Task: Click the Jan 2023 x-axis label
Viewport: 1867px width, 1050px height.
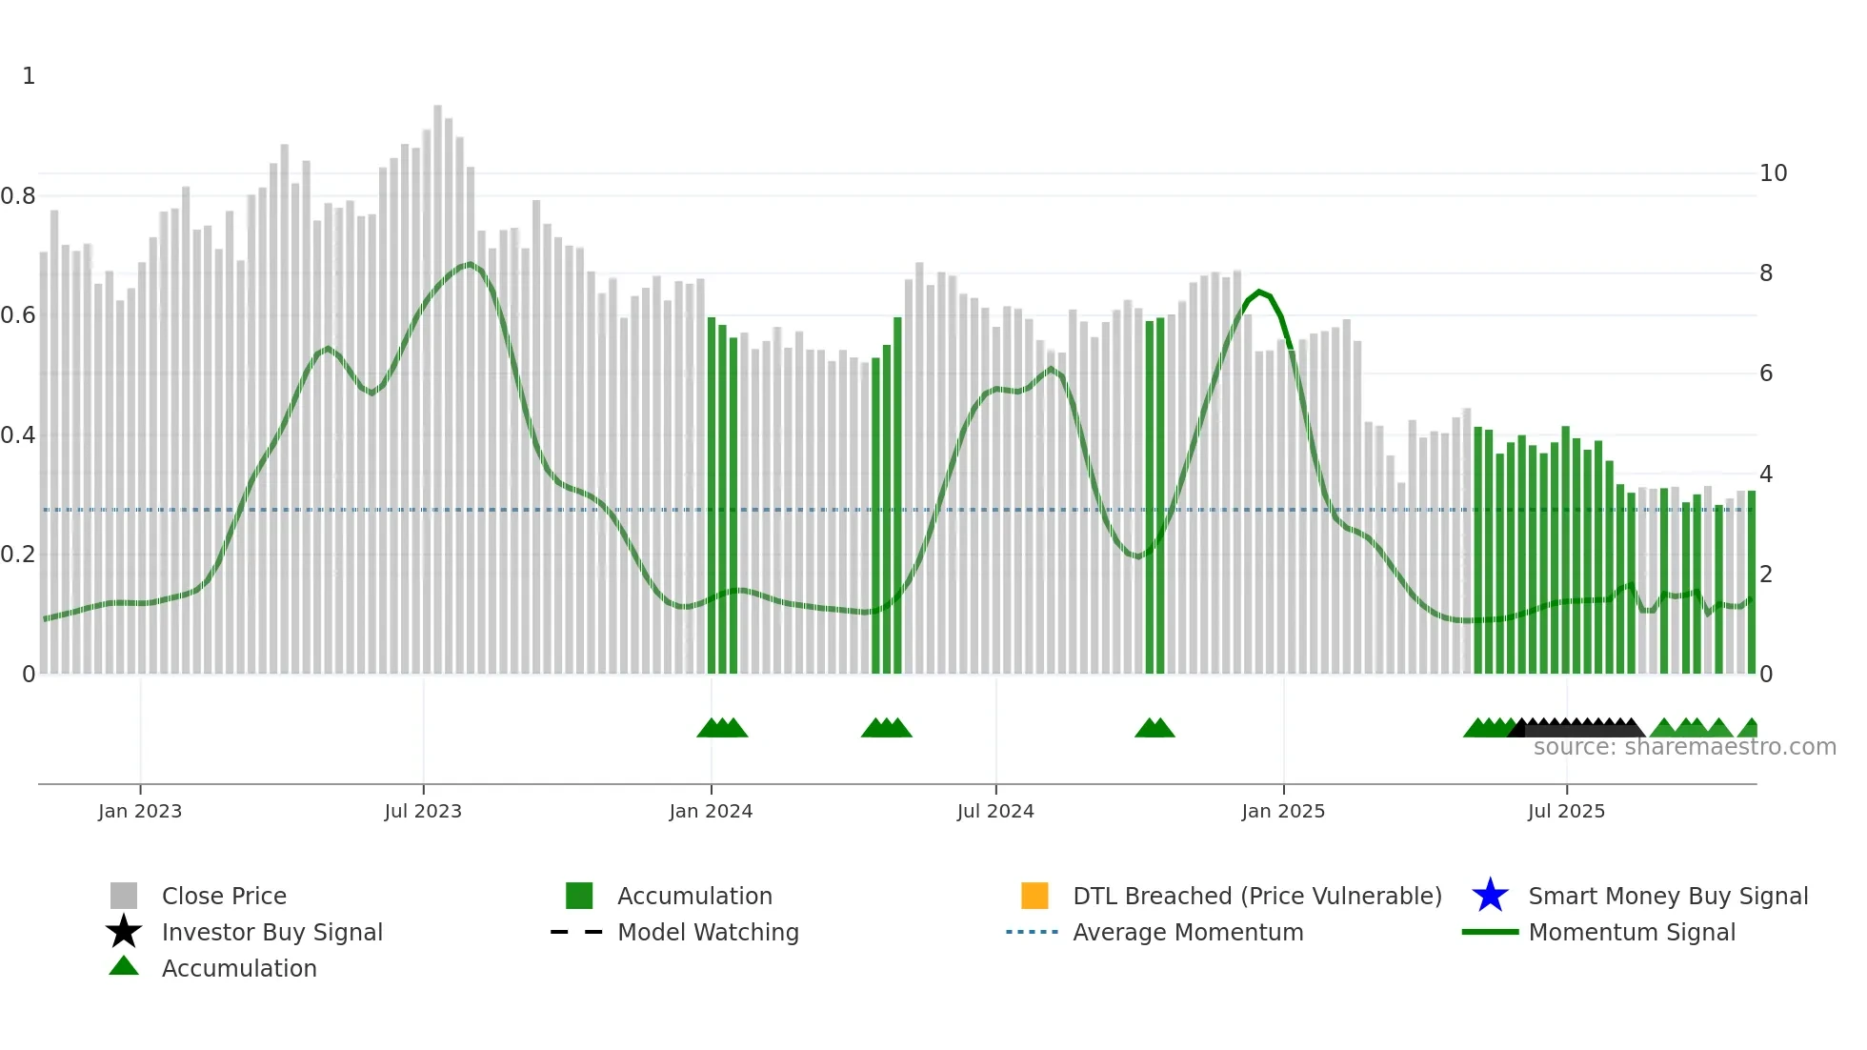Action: tap(140, 811)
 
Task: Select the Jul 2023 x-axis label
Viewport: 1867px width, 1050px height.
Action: tap(423, 811)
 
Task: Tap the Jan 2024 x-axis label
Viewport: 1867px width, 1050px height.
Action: tap(711, 811)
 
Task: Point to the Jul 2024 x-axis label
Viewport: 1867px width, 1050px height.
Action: tap(995, 811)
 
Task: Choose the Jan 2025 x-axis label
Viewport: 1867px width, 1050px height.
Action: tap(1283, 811)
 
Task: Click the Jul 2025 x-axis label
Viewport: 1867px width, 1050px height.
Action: tap(1566, 811)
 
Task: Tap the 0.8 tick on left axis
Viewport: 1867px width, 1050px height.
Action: tap(18, 196)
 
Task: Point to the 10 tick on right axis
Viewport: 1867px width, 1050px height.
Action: tap(1773, 173)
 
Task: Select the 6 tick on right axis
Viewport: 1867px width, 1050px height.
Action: tap(1766, 374)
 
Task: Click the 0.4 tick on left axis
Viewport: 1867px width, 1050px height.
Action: tap(18, 435)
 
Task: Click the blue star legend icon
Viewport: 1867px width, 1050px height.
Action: tap(1490, 896)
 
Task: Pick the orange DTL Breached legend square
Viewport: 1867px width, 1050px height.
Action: tap(1034, 896)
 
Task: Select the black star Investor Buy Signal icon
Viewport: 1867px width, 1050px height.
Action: tap(124, 932)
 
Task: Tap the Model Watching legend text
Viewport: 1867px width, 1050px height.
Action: tap(708, 932)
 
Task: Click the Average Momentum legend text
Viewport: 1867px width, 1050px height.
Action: tap(1188, 932)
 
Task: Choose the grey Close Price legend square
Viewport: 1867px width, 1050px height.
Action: tap(124, 896)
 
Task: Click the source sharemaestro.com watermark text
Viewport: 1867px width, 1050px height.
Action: tap(1684, 747)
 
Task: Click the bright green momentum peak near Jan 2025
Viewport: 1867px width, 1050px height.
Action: tap(1260, 293)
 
